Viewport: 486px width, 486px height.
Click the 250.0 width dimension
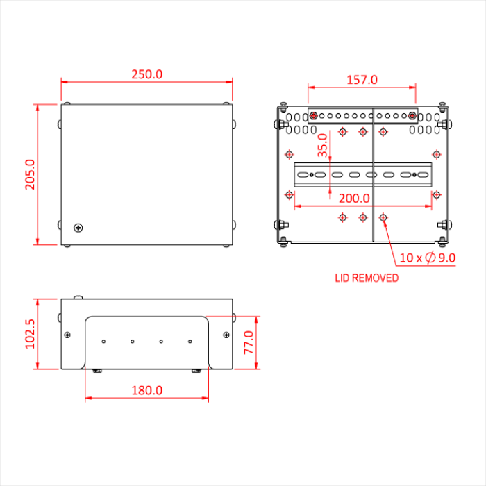pos(147,74)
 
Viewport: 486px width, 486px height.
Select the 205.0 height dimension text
pos(30,174)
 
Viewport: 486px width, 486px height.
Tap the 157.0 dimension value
pos(362,80)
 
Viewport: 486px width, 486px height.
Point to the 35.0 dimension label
pos(323,145)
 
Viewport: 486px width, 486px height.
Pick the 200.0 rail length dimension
pos(354,199)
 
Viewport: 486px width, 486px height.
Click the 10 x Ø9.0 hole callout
pos(428,258)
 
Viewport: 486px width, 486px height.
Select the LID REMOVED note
pos(367,278)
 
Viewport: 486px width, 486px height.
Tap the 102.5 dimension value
pos(30,334)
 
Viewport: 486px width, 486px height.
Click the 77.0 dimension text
pos(249,342)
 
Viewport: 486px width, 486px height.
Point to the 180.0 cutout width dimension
pos(147,390)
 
